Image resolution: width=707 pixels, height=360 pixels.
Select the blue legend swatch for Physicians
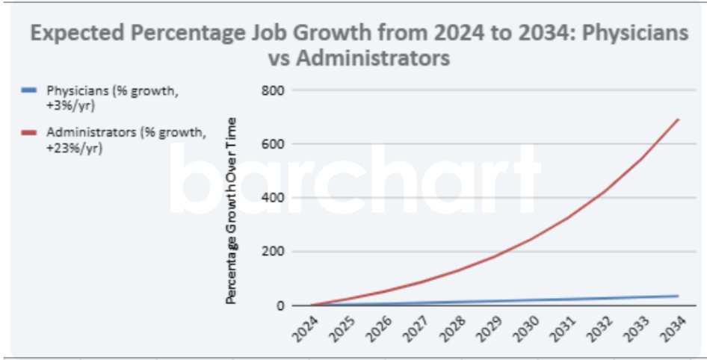[x=29, y=90]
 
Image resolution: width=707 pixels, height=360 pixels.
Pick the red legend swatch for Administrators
[x=29, y=133]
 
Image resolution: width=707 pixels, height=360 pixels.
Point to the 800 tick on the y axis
[x=274, y=90]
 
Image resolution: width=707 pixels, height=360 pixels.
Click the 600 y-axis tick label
[x=274, y=144]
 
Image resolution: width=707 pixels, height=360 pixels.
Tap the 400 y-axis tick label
[x=274, y=198]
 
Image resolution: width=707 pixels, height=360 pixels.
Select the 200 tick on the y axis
[x=274, y=252]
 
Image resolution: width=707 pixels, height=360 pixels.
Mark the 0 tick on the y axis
[x=282, y=305]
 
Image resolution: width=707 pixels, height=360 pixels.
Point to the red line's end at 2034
[x=679, y=120]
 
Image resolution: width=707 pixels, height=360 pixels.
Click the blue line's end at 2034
[x=679, y=296]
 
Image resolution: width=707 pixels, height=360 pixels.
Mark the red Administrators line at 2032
[x=605, y=191]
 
